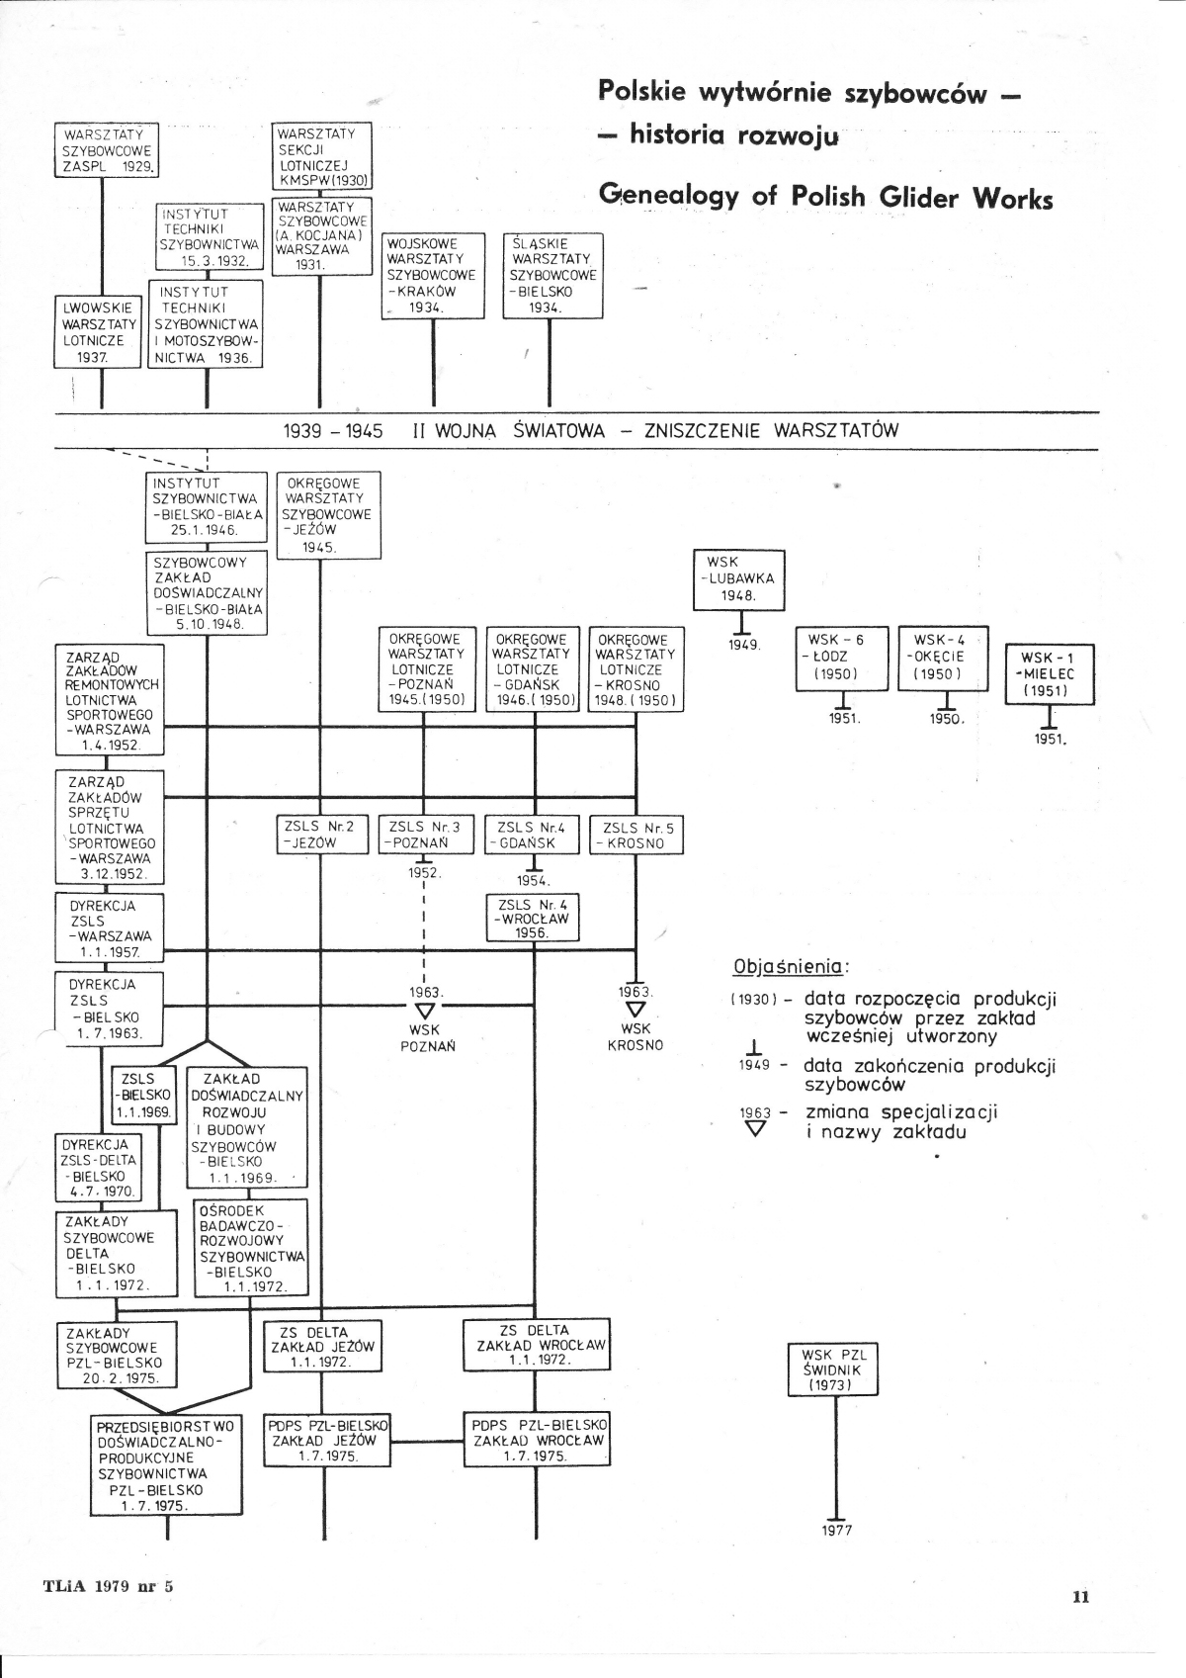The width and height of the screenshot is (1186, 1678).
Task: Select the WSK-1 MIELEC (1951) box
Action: pos(1049,674)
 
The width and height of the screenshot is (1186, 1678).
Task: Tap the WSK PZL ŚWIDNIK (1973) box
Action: pos(832,1369)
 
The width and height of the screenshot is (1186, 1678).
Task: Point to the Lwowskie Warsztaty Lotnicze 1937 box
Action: pos(97,332)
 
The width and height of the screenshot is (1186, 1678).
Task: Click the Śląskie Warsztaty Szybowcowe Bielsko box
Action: pos(551,275)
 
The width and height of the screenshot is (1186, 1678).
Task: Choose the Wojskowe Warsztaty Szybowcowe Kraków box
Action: pos(432,275)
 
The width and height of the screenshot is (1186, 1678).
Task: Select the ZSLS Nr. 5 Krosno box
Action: pos(635,836)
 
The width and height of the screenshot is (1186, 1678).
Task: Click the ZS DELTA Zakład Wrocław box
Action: pos(537,1345)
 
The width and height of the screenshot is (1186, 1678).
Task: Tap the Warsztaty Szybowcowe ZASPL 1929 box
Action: pos(108,150)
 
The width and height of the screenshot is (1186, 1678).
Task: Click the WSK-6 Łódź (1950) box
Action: pos(842,657)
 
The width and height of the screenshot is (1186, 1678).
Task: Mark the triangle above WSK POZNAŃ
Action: pos(425,1011)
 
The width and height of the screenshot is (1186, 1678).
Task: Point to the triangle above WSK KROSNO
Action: pos(635,1010)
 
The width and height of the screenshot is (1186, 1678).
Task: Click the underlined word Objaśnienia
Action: pos(789,966)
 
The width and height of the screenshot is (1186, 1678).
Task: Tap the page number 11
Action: pos(1079,1596)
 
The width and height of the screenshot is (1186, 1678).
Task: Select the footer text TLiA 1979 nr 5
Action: pos(108,1586)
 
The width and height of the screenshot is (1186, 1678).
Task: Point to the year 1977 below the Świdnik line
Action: pos(836,1531)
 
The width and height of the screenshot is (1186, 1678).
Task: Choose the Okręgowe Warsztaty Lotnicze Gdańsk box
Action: pos(534,669)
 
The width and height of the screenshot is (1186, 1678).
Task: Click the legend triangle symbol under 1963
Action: pos(756,1129)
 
